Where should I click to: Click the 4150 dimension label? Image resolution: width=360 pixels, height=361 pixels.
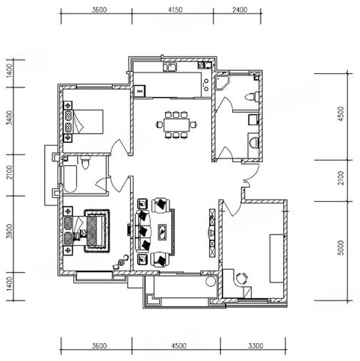point(176,10)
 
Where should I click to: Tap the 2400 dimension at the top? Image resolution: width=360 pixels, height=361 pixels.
point(240,10)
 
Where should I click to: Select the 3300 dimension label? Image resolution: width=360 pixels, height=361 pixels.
point(255,346)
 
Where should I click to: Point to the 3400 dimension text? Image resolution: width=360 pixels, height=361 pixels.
point(9,118)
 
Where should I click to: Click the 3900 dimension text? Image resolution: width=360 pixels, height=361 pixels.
point(9,231)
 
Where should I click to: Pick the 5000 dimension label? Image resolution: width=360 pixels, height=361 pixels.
point(341,247)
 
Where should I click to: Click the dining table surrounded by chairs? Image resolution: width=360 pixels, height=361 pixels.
point(176,125)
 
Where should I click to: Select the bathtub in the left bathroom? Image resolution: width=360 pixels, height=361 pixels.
point(70,179)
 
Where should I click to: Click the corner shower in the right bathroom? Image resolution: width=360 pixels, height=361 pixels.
point(223,83)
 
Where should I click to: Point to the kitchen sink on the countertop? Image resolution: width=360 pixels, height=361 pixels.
point(170,67)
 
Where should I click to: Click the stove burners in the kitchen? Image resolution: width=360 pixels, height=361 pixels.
point(206,84)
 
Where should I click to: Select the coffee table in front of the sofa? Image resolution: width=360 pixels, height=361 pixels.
point(163,232)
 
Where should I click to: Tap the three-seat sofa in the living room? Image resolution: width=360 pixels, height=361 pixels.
point(143,230)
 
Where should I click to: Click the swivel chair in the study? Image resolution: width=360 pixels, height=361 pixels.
point(241,278)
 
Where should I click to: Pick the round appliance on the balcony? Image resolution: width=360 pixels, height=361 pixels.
point(211,282)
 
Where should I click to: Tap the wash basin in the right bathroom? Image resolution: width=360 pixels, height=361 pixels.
point(254,143)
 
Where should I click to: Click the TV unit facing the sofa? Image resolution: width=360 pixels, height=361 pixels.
point(212,233)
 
